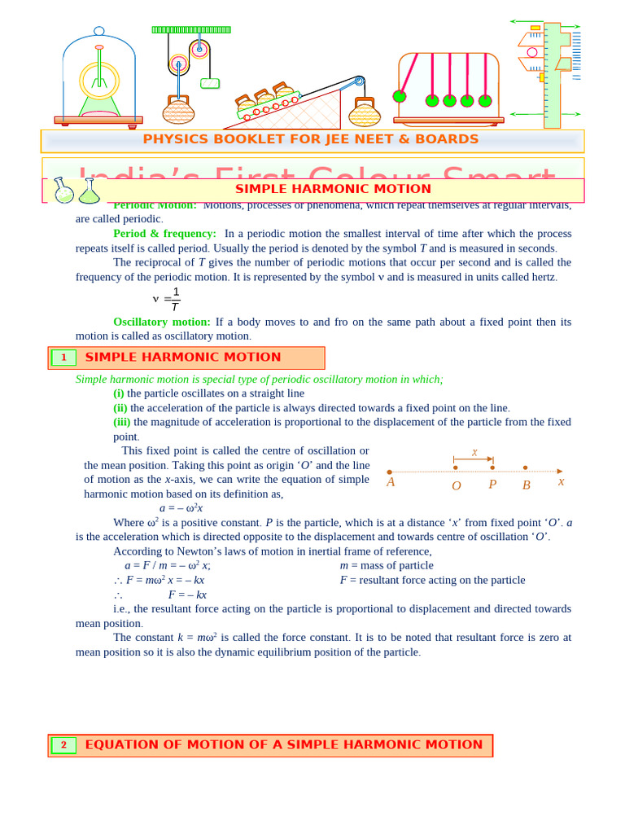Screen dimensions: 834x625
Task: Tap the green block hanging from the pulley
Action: [210, 83]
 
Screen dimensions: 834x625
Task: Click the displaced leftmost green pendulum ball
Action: [399, 96]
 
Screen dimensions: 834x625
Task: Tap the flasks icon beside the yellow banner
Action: [76, 191]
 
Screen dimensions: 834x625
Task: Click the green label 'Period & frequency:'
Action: [164, 234]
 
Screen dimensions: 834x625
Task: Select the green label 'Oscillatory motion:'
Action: [161, 322]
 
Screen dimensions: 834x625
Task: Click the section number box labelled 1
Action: [63, 358]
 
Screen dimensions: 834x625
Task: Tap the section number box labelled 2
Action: [63, 745]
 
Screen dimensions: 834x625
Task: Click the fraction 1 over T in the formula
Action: [176, 299]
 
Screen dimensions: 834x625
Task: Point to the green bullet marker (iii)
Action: [122, 422]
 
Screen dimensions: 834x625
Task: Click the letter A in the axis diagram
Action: [391, 482]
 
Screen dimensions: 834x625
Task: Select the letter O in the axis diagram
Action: [456, 485]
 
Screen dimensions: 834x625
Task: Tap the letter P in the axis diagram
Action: [492, 485]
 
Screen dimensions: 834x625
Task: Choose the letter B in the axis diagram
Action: [527, 485]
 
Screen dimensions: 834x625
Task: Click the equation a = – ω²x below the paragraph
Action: [181, 507]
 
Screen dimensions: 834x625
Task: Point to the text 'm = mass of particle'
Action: [387, 565]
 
